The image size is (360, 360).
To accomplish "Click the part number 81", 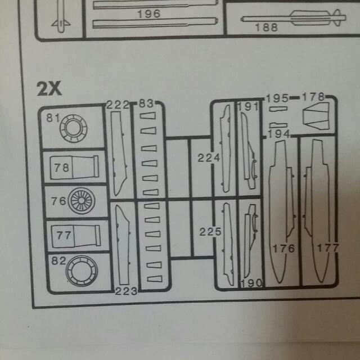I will (53, 118).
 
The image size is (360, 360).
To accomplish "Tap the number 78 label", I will (62, 167).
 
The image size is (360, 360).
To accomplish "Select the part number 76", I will (58, 200).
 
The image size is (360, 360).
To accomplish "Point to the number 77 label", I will (64, 235).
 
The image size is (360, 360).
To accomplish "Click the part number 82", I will (58, 261).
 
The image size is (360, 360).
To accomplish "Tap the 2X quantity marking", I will (49, 88).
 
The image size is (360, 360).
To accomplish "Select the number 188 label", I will (266, 28).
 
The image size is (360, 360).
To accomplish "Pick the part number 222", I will (118, 105).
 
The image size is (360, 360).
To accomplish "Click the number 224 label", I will (209, 158).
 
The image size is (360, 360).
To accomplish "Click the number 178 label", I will (313, 97).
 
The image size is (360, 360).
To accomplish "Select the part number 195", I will (277, 98).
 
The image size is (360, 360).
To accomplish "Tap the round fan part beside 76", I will (82, 201).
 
